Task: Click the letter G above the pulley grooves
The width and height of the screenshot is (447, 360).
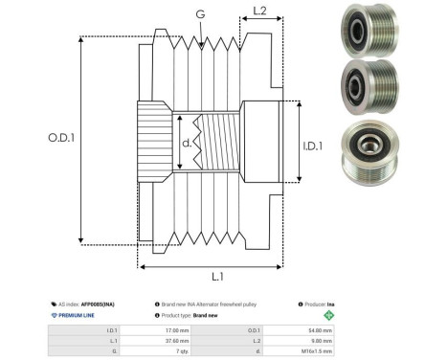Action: [198, 14]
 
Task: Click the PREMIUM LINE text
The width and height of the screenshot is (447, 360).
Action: [76, 314]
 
